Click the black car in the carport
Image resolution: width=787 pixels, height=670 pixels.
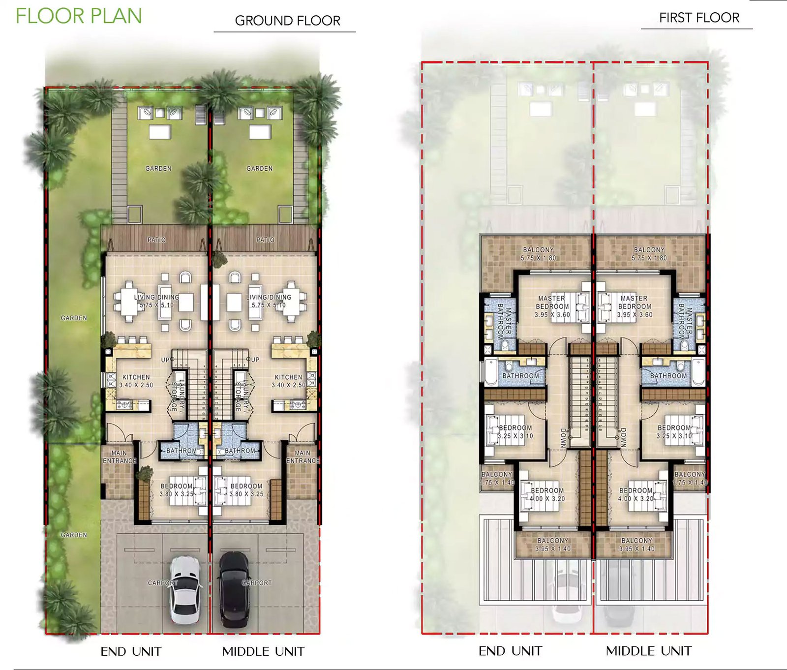(x=234, y=589)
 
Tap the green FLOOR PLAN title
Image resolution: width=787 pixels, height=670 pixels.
(x=79, y=16)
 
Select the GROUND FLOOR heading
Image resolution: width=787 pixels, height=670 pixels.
(x=287, y=21)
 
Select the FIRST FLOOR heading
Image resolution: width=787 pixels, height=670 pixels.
(x=699, y=18)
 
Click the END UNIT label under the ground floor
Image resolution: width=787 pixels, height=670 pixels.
(x=131, y=651)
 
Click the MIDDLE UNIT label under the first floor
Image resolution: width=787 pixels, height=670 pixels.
(x=648, y=651)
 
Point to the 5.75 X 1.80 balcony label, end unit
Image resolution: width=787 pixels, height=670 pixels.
(x=539, y=258)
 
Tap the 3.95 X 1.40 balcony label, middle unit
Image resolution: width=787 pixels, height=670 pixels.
(x=637, y=548)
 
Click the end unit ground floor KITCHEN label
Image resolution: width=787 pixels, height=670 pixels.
(x=136, y=377)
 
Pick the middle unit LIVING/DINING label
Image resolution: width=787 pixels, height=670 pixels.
(x=269, y=297)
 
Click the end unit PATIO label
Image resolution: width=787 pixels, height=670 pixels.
(x=156, y=240)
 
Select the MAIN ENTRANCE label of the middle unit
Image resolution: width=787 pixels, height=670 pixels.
(x=303, y=457)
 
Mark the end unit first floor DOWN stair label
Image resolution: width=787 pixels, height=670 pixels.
(x=564, y=437)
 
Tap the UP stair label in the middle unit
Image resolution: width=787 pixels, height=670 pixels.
(x=253, y=360)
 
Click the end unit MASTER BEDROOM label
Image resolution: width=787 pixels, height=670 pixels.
(x=552, y=302)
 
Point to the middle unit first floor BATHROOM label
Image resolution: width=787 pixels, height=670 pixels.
(x=668, y=376)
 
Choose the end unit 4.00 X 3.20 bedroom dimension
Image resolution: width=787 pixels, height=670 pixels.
(x=547, y=498)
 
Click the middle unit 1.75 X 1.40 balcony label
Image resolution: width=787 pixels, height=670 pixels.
(x=690, y=483)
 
